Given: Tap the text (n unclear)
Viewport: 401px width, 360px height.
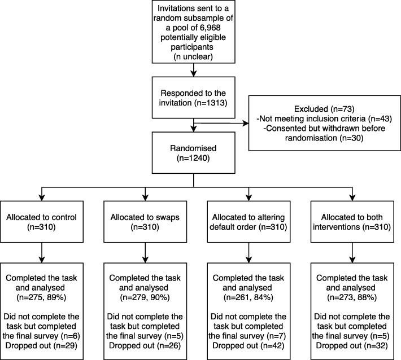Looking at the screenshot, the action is coord(193,56).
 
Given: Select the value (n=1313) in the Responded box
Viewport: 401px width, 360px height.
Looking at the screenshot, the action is coord(211,103).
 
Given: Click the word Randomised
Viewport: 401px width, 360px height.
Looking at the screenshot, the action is coord(193,148).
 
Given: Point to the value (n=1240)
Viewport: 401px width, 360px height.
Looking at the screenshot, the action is coord(193,158).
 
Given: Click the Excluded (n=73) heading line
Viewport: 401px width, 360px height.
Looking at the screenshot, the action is coord(324,109).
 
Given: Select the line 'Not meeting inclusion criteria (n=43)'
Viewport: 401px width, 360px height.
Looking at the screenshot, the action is coord(324,119).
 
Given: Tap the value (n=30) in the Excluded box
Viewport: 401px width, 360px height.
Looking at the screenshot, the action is coord(351,138).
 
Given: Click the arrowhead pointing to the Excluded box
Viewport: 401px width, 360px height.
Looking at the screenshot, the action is coord(246,124).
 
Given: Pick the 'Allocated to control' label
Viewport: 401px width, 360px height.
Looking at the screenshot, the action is coord(41,217).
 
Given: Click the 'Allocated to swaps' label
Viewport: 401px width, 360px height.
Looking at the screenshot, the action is coord(145,217).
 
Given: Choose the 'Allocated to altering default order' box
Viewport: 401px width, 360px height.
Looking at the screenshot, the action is coord(249,222).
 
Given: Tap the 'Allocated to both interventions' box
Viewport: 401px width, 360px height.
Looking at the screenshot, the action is coord(352,222).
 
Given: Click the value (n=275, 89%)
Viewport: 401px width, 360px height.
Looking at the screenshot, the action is coord(41,297).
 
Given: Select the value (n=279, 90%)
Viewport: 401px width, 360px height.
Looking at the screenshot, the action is coord(145,297).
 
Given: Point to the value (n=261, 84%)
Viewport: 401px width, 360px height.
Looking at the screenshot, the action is coord(249,297).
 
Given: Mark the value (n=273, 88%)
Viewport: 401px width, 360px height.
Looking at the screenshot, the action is coord(352,297).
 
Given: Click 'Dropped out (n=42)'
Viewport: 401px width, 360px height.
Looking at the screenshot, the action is coord(249,346).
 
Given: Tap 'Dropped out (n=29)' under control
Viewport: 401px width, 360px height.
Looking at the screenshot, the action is coord(41,346).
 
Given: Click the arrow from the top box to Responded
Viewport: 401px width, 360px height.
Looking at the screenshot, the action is coord(194,70).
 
